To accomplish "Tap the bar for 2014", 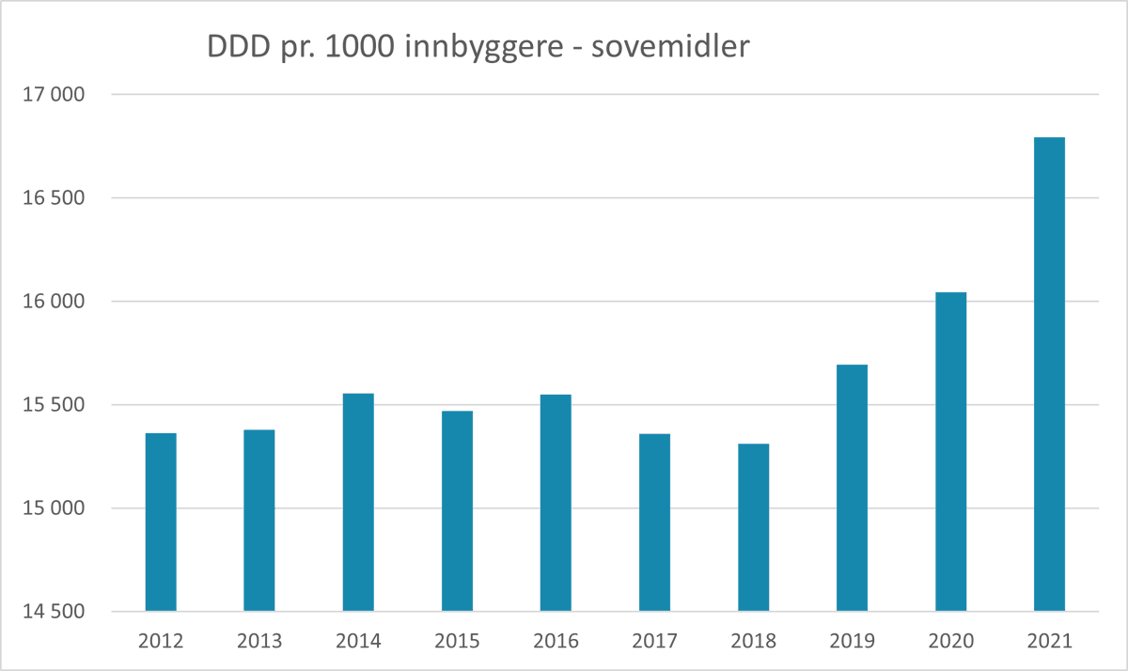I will [x=358, y=502].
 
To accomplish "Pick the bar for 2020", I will [x=950, y=451].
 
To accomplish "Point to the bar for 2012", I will [x=161, y=522].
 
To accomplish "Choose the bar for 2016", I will [x=556, y=503].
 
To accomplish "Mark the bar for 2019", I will [x=852, y=488].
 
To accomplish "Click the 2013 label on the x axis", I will [x=259, y=641].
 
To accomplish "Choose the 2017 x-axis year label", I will [x=654, y=641].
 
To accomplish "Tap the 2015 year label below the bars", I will [x=457, y=641].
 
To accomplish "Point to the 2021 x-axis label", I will [x=1049, y=641].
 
